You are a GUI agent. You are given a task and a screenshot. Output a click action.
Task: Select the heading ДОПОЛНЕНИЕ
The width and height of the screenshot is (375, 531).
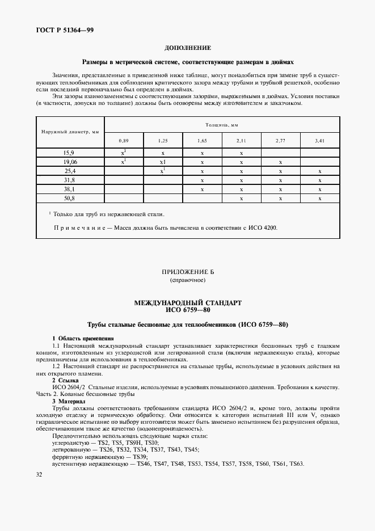click(x=187, y=48)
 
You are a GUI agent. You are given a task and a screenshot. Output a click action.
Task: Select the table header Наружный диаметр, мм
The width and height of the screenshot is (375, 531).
click(x=70, y=132)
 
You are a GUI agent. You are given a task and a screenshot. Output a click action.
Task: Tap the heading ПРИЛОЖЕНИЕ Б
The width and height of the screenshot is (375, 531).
click(x=187, y=272)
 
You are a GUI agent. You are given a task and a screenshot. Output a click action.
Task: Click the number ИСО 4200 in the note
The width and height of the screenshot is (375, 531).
click(x=267, y=228)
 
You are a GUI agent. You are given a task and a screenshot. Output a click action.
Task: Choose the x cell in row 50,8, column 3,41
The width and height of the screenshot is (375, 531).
click(x=320, y=199)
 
